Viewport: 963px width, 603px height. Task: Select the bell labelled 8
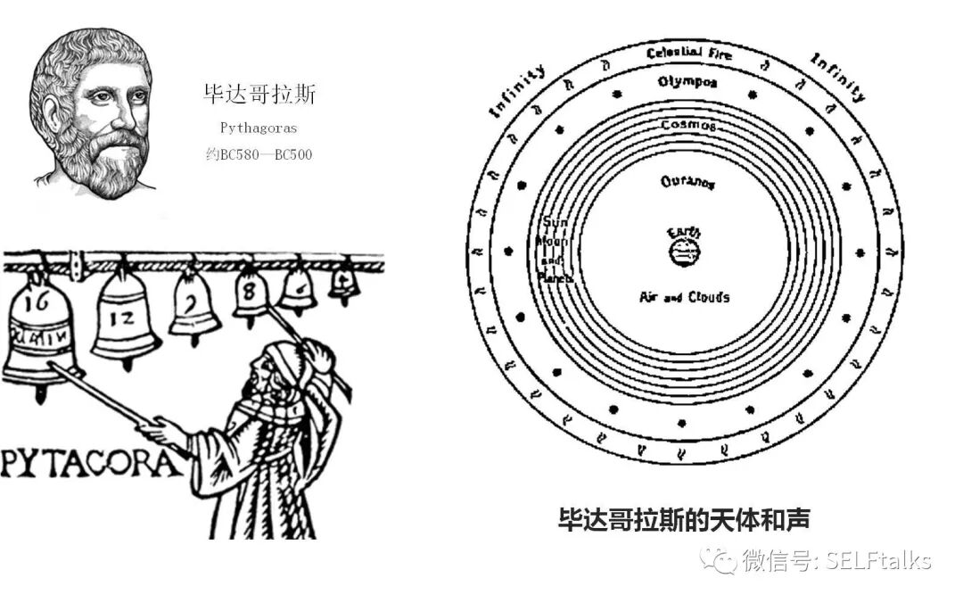251,293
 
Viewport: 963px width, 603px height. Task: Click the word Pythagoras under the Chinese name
259,128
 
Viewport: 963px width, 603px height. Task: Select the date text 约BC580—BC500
259,154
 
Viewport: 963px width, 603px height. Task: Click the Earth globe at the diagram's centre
685,253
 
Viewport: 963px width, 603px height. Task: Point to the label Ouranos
687,182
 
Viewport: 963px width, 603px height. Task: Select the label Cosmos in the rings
687,126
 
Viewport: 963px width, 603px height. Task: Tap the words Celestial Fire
688,54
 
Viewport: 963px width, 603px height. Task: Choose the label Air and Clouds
684,297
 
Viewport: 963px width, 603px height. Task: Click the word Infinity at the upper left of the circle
517,90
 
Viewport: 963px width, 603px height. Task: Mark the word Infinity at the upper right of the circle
837,77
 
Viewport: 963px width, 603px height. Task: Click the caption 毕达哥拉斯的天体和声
683,520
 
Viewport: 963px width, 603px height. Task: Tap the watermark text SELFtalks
878,561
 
